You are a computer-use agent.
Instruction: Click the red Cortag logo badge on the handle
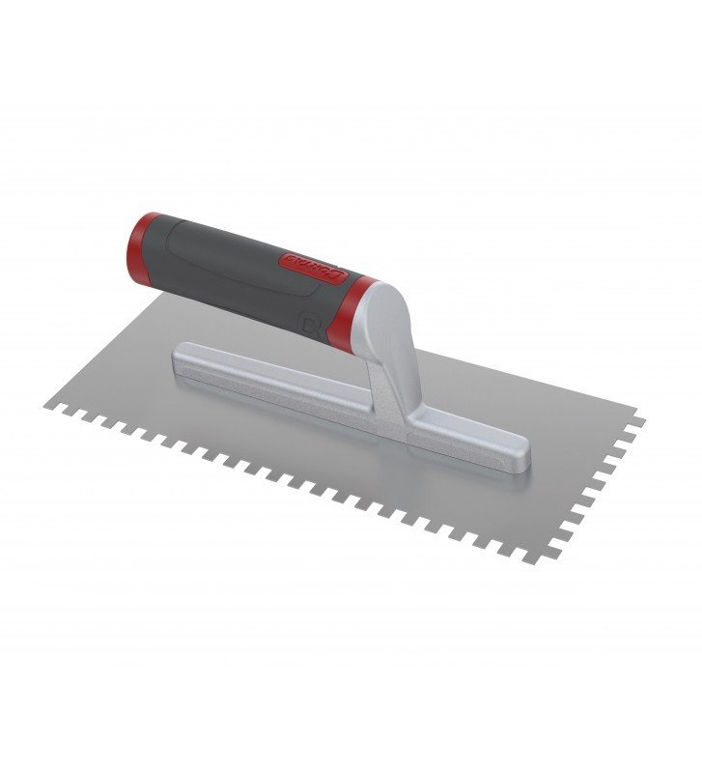(311, 270)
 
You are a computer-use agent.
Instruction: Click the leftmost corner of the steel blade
(46, 404)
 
